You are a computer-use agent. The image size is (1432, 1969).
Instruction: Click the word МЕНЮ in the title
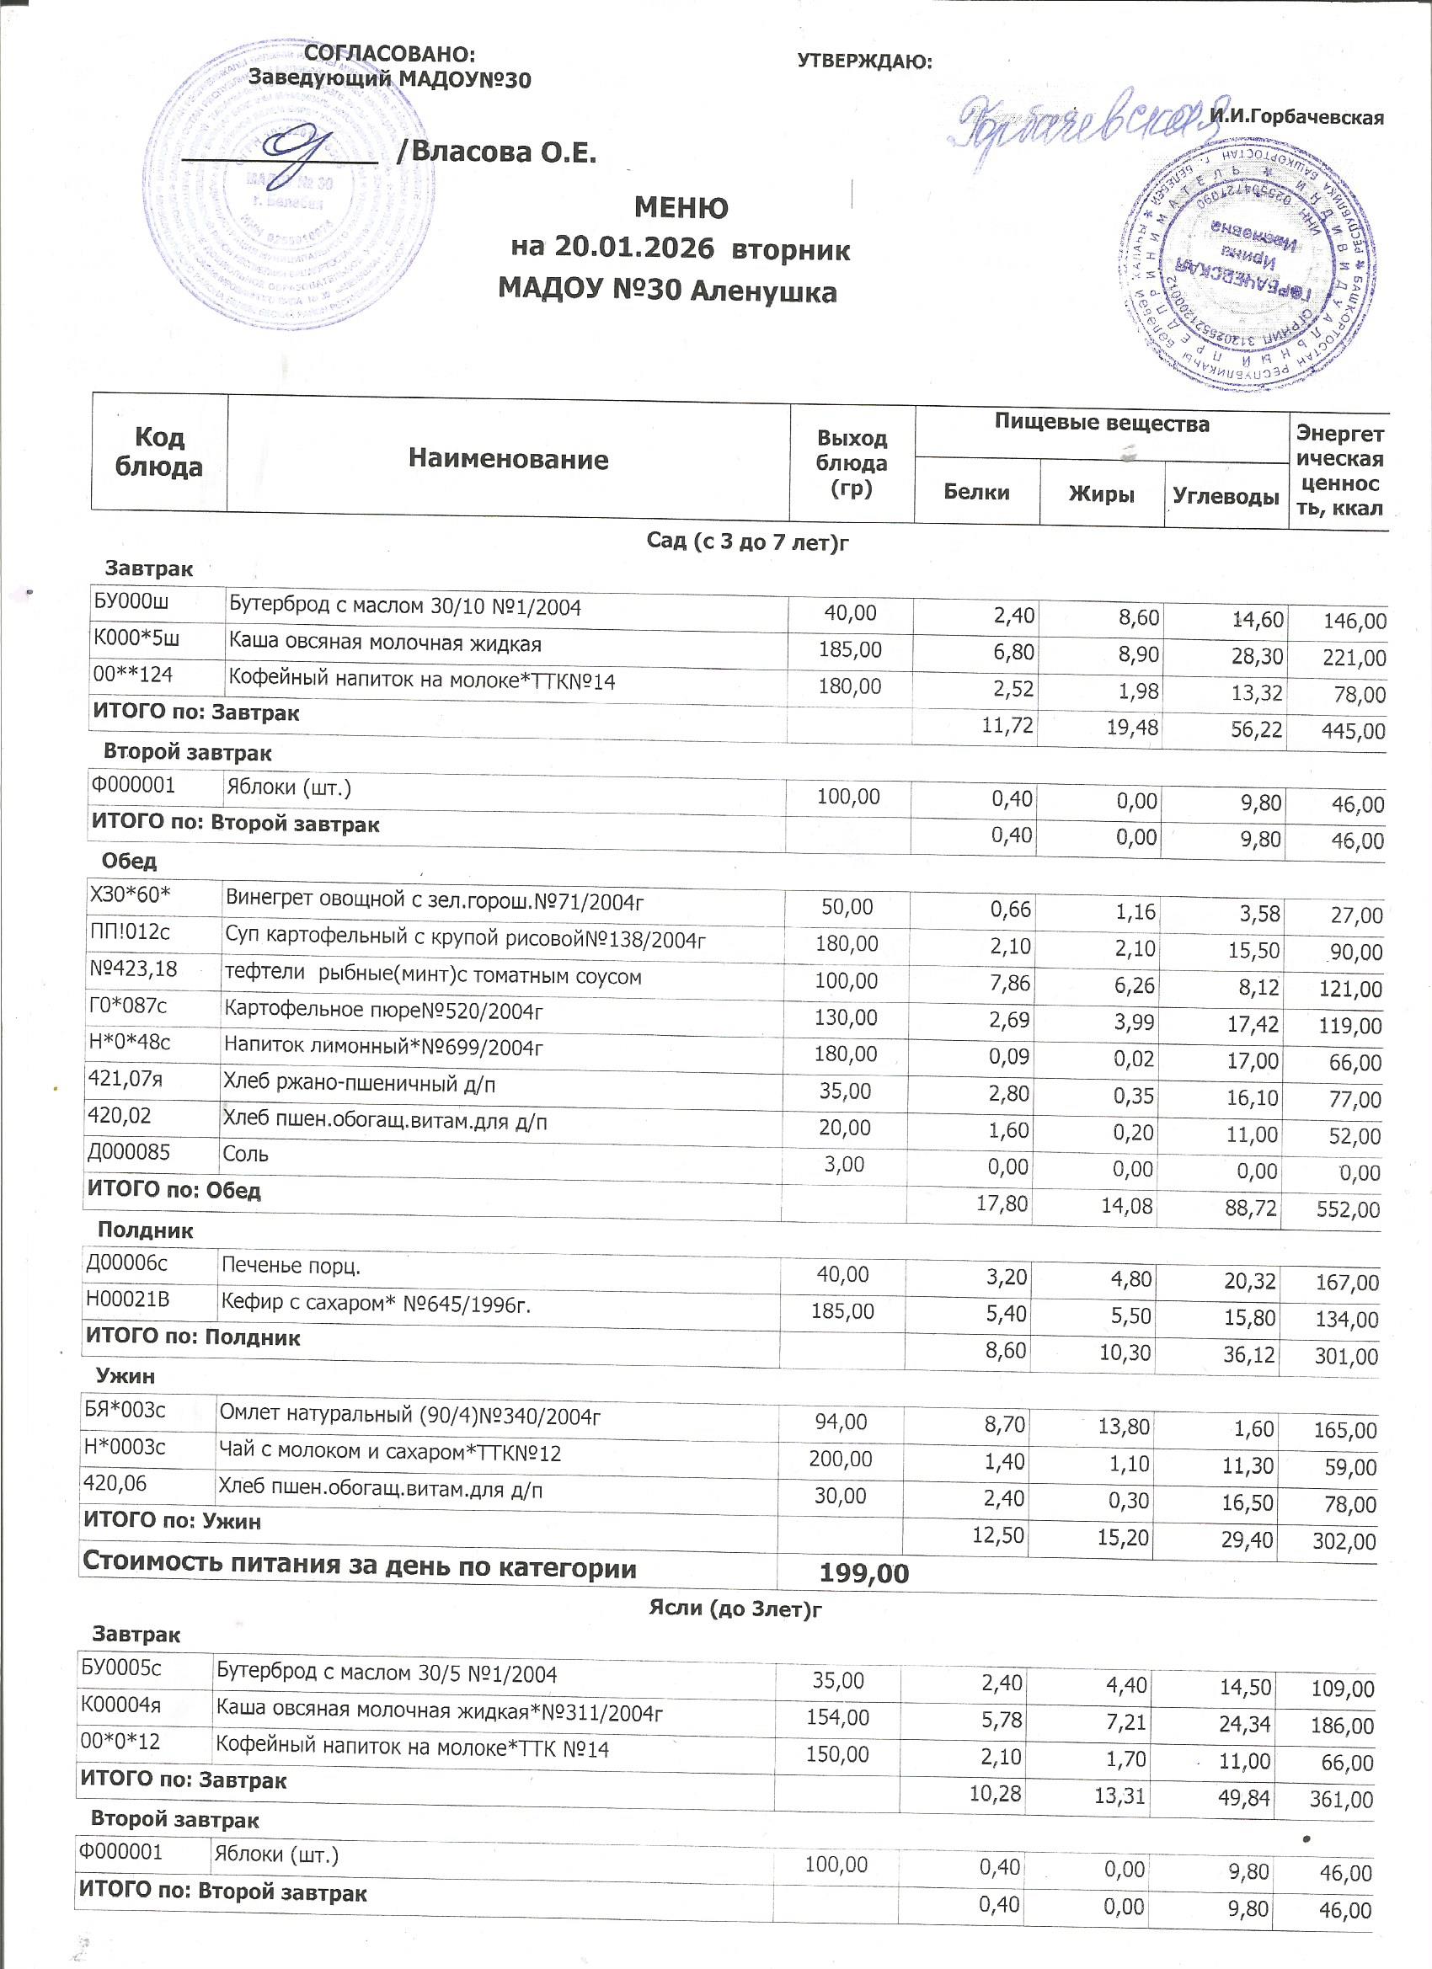pos(681,208)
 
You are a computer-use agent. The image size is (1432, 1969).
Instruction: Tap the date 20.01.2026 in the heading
pos(636,248)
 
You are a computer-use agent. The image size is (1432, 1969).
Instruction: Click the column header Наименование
pos(508,458)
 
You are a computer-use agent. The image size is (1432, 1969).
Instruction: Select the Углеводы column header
pos(1226,496)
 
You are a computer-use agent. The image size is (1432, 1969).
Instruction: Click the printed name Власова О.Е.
pos(504,152)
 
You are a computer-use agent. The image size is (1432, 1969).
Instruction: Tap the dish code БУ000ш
pos(130,603)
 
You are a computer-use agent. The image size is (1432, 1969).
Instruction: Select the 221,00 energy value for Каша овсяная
pos(1353,658)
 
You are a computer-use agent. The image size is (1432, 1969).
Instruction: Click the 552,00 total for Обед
pos(1348,1209)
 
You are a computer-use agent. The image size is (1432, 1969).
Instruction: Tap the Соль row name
pos(246,1154)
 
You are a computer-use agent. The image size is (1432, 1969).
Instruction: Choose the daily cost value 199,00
pos(864,1573)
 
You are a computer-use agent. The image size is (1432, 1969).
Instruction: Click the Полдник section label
pos(145,1230)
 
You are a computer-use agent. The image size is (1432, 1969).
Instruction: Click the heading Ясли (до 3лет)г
pos(735,1610)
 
